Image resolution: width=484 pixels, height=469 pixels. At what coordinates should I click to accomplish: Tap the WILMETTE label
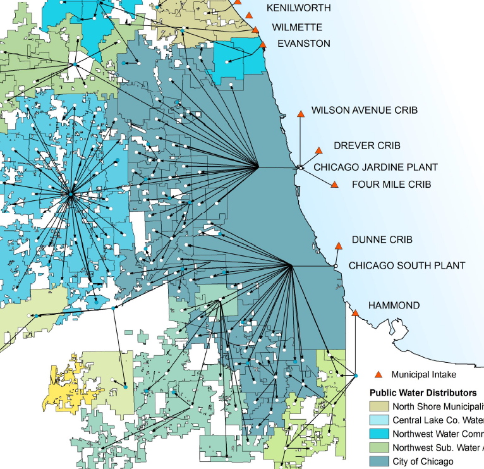coord(298,27)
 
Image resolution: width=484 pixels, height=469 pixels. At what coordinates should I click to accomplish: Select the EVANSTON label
coord(304,44)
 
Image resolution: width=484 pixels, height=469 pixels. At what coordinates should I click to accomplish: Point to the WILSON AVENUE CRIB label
coord(365,110)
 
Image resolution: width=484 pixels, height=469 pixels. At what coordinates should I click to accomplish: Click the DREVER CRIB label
coord(367,145)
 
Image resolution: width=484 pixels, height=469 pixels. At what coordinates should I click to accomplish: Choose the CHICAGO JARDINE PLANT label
coord(376,167)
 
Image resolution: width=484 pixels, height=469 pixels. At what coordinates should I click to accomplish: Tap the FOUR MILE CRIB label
coord(392,185)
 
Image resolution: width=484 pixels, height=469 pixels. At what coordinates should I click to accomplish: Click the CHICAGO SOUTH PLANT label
coord(407,266)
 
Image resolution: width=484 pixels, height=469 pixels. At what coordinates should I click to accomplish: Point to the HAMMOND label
coord(394,305)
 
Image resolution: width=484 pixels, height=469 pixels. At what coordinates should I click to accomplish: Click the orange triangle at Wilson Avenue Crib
coord(301,113)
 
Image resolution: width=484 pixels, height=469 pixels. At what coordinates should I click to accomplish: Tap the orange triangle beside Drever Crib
coord(319,150)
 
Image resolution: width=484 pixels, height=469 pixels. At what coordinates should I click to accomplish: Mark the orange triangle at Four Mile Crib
coord(334,185)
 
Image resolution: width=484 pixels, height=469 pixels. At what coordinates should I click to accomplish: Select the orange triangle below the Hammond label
coord(355,313)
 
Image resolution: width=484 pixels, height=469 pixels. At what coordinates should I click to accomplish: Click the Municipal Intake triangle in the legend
coord(378,375)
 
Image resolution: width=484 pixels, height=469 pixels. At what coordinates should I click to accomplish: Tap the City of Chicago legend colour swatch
coord(378,461)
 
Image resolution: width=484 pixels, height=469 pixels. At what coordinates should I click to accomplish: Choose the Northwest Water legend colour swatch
coord(378,434)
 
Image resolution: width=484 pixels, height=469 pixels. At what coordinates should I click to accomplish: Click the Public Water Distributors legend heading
coord(423,393)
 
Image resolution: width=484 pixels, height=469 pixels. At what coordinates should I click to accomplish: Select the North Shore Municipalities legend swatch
coord(378,406)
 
